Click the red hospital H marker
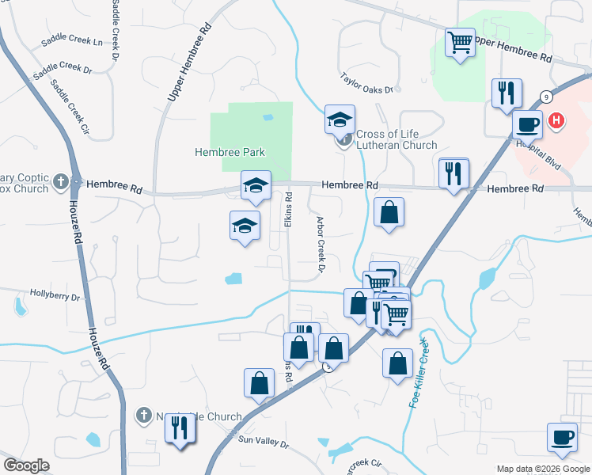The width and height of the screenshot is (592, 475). (558, 121)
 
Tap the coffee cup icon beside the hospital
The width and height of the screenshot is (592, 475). (527, 123)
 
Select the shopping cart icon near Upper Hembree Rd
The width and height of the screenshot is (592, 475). (460, 41)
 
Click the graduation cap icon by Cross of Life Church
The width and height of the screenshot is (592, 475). (340, 119)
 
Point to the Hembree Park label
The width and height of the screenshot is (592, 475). (230, 152)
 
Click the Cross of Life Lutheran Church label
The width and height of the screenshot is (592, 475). (396, 139)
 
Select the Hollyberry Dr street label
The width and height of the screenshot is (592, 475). (55, 298)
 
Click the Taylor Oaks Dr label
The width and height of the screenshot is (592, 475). (366, 84)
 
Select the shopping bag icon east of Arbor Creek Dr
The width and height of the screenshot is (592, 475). (389, 212)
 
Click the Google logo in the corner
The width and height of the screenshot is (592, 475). (26, 465)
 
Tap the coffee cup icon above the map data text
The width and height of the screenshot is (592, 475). (562, 436)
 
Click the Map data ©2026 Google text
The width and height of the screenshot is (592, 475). (542, 469)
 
